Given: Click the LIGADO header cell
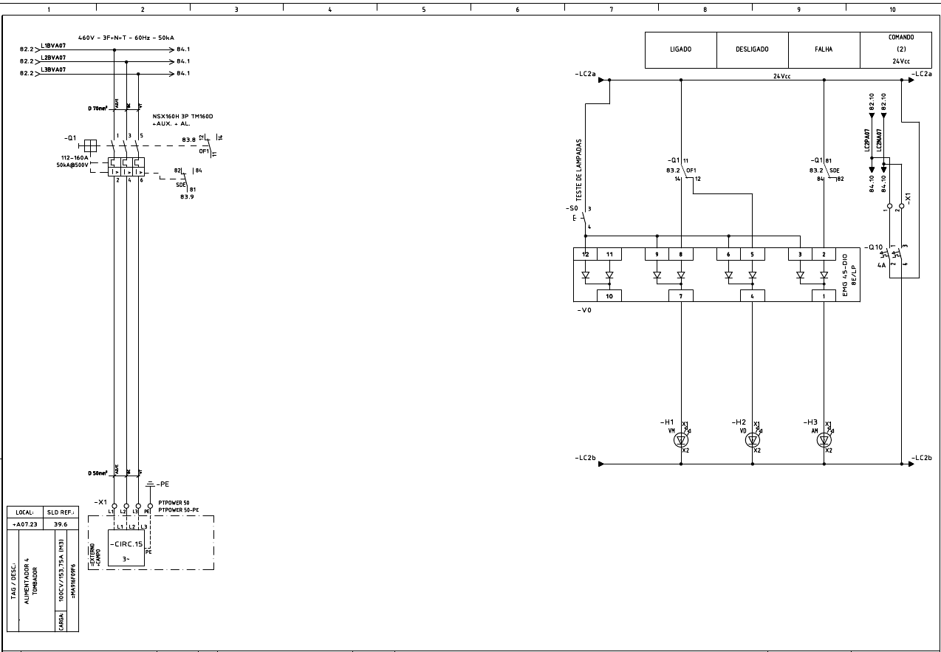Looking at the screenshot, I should (680, 49).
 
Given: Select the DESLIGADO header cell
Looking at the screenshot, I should (752, 49).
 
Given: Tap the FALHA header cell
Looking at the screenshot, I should (824, 49).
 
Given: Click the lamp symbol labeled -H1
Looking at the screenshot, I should (681, 440).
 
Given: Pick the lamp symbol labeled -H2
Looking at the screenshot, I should (753, 440).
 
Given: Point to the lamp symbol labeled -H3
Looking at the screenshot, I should (824, 440).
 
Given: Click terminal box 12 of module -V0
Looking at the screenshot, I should (585, 254).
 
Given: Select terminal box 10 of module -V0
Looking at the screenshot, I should (609, 296).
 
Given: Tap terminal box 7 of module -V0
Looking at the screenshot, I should (680, 296).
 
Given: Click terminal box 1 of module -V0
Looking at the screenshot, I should (824, 296).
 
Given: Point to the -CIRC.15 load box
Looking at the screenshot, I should (126, 547).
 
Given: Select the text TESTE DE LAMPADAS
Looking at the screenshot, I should (580, 170).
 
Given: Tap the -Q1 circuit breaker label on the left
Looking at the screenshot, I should (69, 138).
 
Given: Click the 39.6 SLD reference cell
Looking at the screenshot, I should (61, 524).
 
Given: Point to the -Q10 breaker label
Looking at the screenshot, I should (875, 247).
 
